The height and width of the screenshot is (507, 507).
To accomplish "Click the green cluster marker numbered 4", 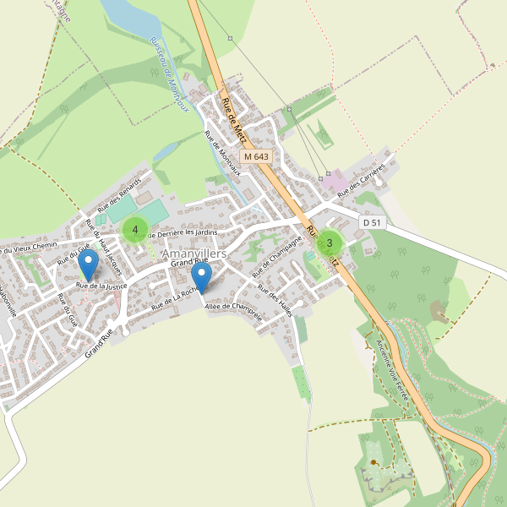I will [x=135, y=229].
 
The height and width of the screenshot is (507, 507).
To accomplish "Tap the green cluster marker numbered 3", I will [x=329, y=243].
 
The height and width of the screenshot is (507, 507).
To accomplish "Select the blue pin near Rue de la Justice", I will [x=88, y=267].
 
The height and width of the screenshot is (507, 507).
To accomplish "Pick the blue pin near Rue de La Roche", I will [x=201, y=278].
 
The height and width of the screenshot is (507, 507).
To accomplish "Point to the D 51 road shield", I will [x=371, y=222].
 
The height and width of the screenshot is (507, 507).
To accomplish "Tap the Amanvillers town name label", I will [x=194, y=253].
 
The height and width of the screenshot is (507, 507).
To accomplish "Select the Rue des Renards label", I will [x=119, y=194].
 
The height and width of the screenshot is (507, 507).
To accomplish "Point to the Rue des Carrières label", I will [x=364, y=179].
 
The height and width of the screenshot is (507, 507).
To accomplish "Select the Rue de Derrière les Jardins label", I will [x=183, y=232].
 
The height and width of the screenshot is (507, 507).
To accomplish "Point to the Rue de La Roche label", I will [x=175, y=299].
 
